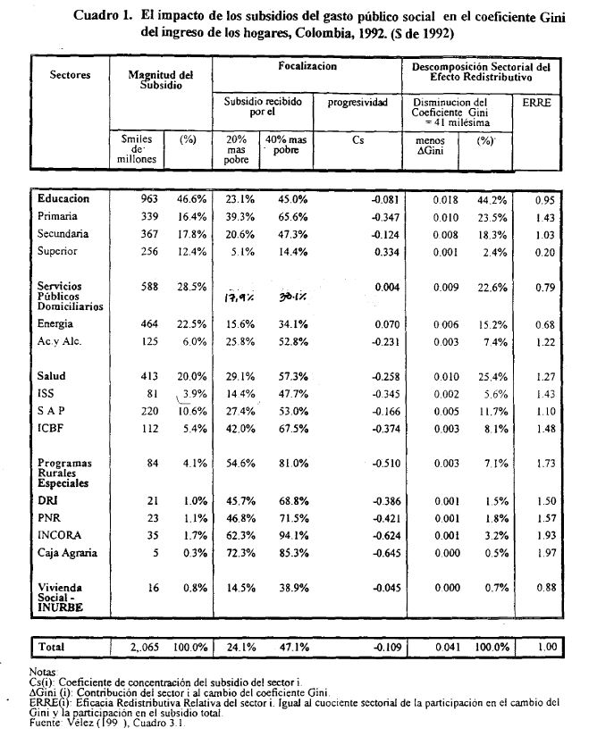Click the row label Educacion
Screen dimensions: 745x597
point(63,198)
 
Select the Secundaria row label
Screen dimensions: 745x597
point(63,234)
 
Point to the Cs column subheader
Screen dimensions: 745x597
point(358,139)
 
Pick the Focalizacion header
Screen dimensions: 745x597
point(307,67)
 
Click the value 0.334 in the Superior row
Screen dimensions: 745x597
point(373,251)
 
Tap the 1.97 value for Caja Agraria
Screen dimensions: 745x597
point(543,553)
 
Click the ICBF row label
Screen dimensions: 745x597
point(50,428)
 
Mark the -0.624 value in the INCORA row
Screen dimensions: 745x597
point(371,535)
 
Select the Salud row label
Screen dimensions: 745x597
point(52,377)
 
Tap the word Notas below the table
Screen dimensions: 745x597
point(43,671)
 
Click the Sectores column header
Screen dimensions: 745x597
point(70,75)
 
